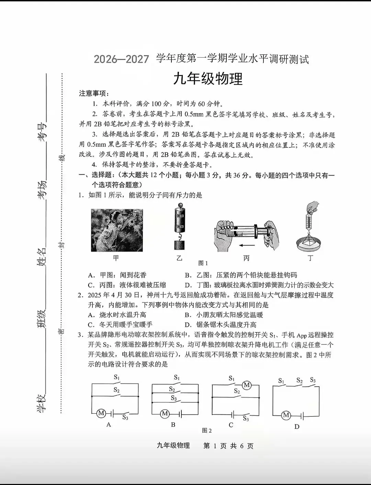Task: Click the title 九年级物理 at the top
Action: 208,79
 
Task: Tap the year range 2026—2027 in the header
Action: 121,59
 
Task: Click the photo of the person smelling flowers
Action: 117,230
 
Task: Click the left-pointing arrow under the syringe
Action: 247,245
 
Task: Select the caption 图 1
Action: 203,263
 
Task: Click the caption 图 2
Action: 207,430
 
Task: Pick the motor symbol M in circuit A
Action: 101,413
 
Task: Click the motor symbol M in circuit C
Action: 247,385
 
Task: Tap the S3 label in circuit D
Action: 313,380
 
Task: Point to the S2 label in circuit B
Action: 172,389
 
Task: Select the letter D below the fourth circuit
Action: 297,426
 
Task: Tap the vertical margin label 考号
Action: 42,132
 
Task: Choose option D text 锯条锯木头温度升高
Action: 226,325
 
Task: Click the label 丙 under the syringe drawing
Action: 246,258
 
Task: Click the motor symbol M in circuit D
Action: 286,415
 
